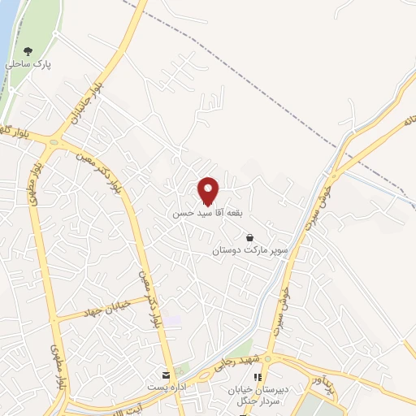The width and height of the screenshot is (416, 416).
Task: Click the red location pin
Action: point(209,190)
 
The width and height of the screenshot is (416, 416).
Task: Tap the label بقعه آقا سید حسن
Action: point(208,213)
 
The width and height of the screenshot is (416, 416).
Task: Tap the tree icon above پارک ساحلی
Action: point(29,51)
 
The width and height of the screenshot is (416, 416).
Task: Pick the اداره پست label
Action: point(166,388)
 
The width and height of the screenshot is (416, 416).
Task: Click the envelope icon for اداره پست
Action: point(166,375)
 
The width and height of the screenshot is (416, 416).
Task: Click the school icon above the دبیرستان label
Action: point(258,377)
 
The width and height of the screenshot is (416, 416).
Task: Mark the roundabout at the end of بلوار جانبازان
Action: point(54,142)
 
